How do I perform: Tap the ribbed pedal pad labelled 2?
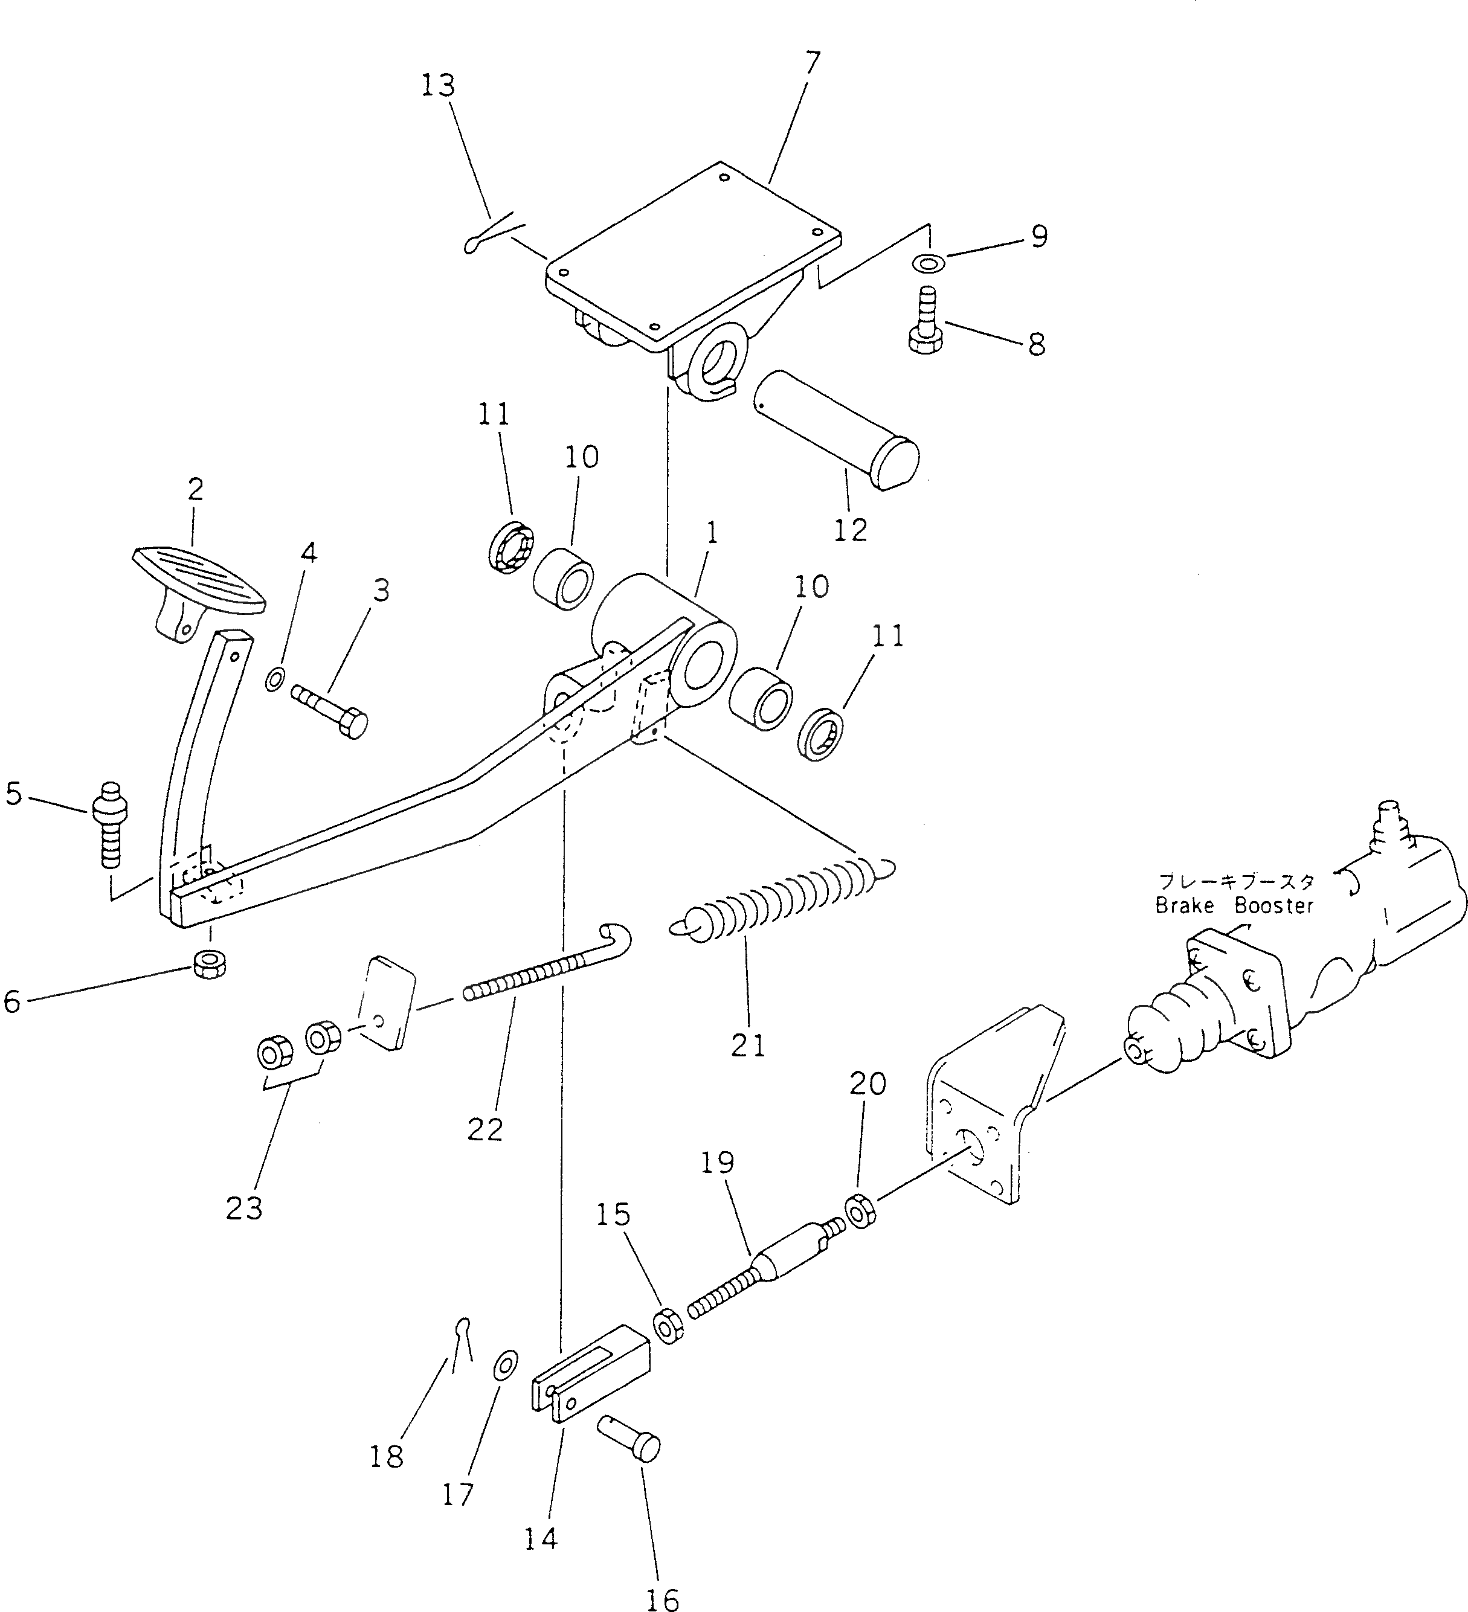[x=199, y=580]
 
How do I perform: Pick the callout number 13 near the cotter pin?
[x=437, y=86]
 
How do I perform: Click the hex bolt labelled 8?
[x=926, y=329]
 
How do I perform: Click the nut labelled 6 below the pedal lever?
[x=210, y=963]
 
